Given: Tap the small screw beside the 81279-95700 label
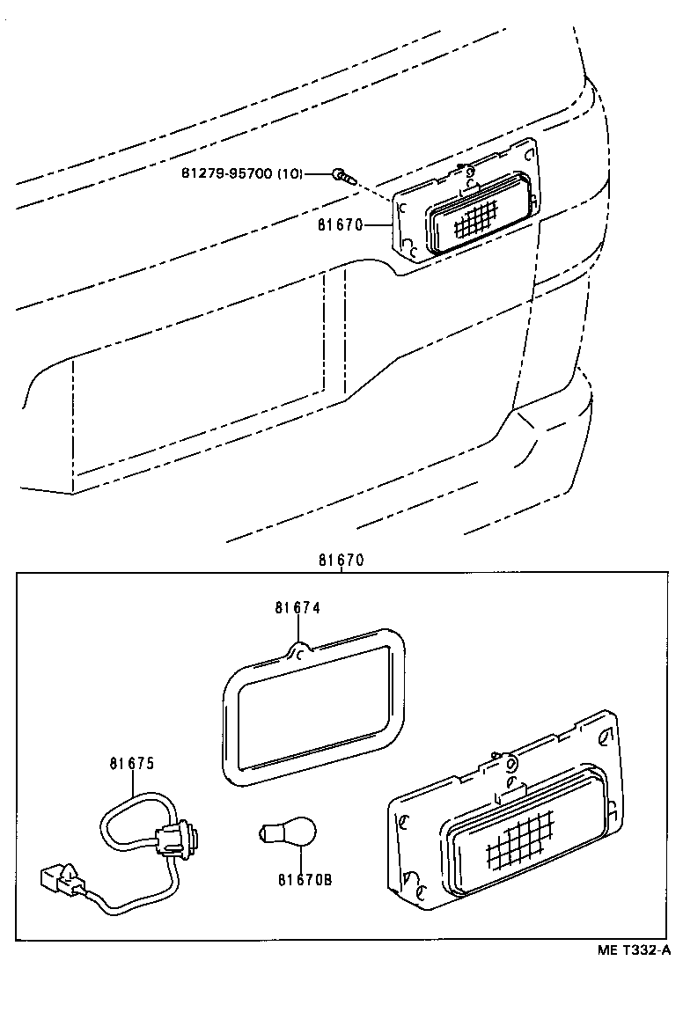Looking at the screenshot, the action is pyautogui.click(x=342, y=174).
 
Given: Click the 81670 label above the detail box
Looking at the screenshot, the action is pyautogui.click(x=341, y=561).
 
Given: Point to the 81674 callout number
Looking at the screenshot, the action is pyautogui.click(x=297, y=607).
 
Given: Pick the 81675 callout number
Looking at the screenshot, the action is pyautogui.click(x=132, y=764).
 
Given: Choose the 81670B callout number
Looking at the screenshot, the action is pyautogui.click(x=305, y=879).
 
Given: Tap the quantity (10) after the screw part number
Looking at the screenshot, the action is pyautogui.click(x=290, y=173).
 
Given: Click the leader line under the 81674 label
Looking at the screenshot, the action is pyautogui.click(x=297, y=628).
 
